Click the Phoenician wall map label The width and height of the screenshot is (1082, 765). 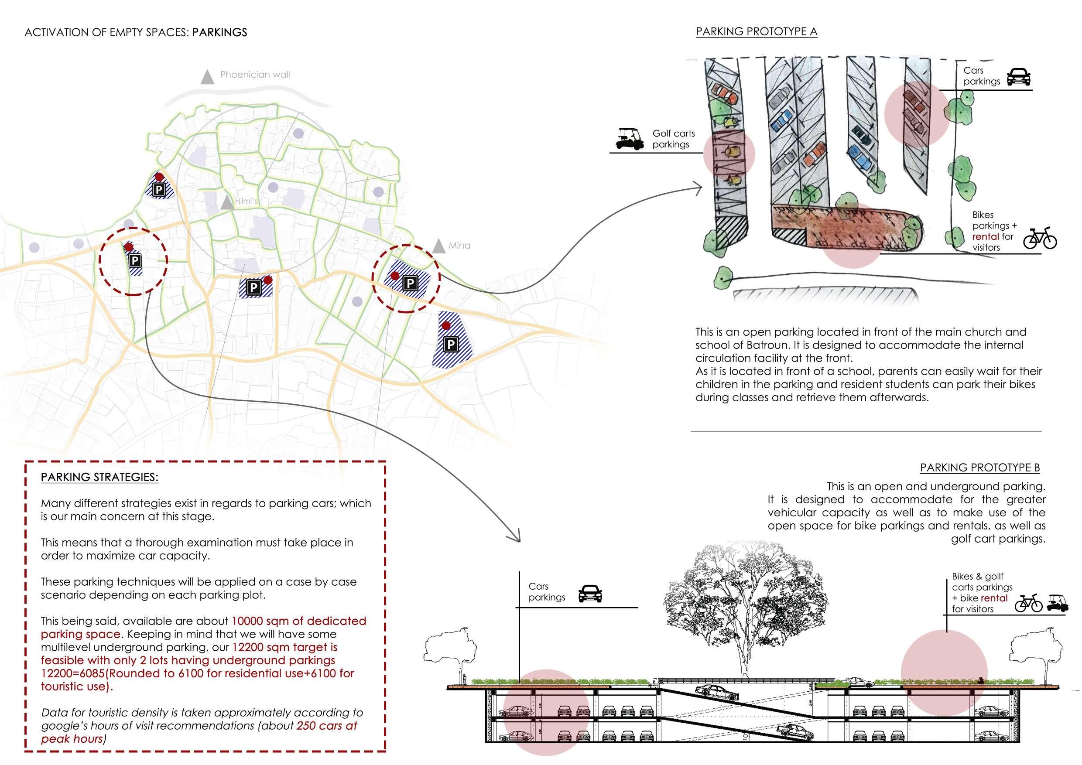coord(255,75)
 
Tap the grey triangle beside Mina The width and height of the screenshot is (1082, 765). coord(439,246)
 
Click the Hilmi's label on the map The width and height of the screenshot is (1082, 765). coord(247,201)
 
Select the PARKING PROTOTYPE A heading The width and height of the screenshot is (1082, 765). coord(757,31)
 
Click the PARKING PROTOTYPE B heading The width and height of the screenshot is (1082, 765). coord(980,468)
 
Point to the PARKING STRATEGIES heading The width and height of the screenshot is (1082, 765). coord(99,477)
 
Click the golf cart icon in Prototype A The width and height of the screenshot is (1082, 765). coord(630,139)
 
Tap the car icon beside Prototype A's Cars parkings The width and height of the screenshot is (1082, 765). coord(1018,77)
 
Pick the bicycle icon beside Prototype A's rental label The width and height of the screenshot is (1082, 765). coord(1040,239)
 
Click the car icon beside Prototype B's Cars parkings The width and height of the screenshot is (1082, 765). coord(590,594)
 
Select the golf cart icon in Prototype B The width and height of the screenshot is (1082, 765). coord(1058,604)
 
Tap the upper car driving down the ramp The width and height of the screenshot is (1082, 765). coord(716,692)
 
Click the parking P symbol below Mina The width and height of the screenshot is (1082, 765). coord(410,283)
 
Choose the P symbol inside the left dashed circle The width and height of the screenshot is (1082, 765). coord(135,260)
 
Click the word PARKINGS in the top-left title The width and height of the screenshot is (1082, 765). coord(219,33)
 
